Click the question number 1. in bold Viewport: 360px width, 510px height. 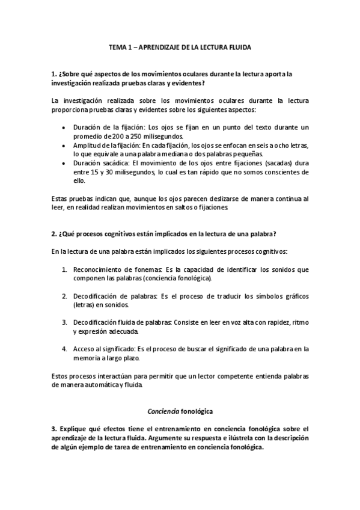(55, 74)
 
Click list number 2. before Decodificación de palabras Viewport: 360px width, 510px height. (64, 296)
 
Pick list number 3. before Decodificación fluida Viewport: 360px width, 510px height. (64, 322)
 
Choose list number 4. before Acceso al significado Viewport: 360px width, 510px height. (64, 348)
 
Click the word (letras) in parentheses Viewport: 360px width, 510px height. (84, 305)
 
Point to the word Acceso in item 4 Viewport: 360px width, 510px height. (85, 348)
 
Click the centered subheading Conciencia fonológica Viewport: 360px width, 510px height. (180, 411)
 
